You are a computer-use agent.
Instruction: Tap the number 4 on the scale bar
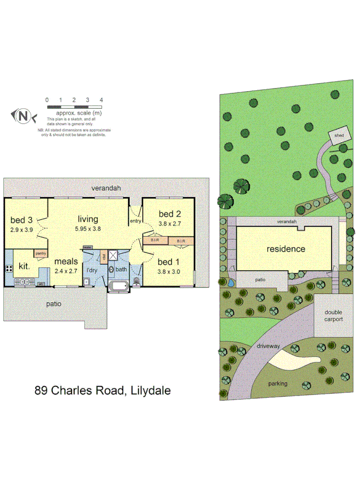[101, 100]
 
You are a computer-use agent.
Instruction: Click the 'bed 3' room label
[22, 220]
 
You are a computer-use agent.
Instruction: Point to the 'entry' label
[135, 221]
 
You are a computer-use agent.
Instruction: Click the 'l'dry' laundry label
[93, 270]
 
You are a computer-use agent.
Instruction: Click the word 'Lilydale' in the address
[148, 390]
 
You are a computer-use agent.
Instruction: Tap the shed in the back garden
[339, 135]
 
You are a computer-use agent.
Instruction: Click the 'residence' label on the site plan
[286, 249]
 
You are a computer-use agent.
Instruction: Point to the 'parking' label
[278, 383]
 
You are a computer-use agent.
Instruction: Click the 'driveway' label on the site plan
[268, 346]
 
